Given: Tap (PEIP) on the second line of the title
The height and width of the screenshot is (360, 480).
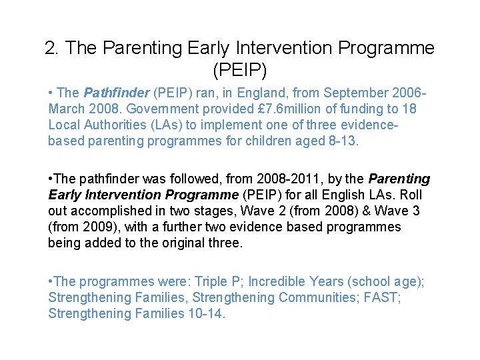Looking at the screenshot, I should coord(239,70).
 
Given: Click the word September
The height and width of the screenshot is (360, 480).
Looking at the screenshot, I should coord(359,93).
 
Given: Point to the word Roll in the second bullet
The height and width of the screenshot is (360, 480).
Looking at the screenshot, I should coord(411,195).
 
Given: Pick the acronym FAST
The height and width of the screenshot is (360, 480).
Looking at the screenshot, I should coord(381,298).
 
